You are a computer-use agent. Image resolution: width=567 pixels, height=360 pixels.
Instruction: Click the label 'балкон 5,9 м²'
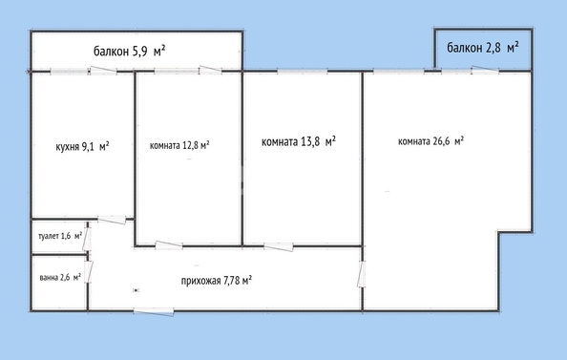tap(130, 51)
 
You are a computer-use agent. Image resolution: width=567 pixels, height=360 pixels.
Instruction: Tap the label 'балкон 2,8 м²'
tap(483, 47)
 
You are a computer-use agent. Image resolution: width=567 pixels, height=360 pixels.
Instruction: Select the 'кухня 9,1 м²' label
tap(82, 146)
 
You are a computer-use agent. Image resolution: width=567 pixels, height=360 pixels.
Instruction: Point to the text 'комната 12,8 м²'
tap(179, 145)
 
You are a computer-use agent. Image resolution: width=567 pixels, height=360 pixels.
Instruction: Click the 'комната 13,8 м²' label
tap(299, 141)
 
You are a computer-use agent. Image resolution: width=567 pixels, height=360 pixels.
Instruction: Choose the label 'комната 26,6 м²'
tap(430, 141)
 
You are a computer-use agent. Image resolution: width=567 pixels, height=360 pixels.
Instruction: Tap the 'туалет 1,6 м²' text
tap(60, 236)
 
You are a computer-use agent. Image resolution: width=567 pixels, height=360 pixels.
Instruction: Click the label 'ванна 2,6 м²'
tap(60, 278)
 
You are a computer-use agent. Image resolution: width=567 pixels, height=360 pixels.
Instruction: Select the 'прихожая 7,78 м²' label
tap(217, 281)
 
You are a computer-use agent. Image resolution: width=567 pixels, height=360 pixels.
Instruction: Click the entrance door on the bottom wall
tap(154, 312)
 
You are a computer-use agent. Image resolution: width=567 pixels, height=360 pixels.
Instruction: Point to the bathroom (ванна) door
tap(89, 272)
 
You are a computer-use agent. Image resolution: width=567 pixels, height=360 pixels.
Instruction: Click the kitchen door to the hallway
tap(112, 220)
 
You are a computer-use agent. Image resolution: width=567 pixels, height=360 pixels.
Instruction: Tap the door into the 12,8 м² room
tap(169, 245)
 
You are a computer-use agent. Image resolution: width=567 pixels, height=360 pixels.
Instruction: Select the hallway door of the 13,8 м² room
tap(279, 247)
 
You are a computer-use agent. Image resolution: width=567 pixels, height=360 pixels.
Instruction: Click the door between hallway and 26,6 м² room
tap(361, 274)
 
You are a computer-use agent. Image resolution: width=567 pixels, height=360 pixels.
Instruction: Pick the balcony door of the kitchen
tap(103, 71)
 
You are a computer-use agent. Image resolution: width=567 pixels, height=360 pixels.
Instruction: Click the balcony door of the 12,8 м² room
tap(210, 69)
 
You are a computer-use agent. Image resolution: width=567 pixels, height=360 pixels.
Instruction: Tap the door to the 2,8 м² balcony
tap(485, 70)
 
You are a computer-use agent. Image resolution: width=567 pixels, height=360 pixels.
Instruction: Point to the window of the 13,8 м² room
tap(303, 72)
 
